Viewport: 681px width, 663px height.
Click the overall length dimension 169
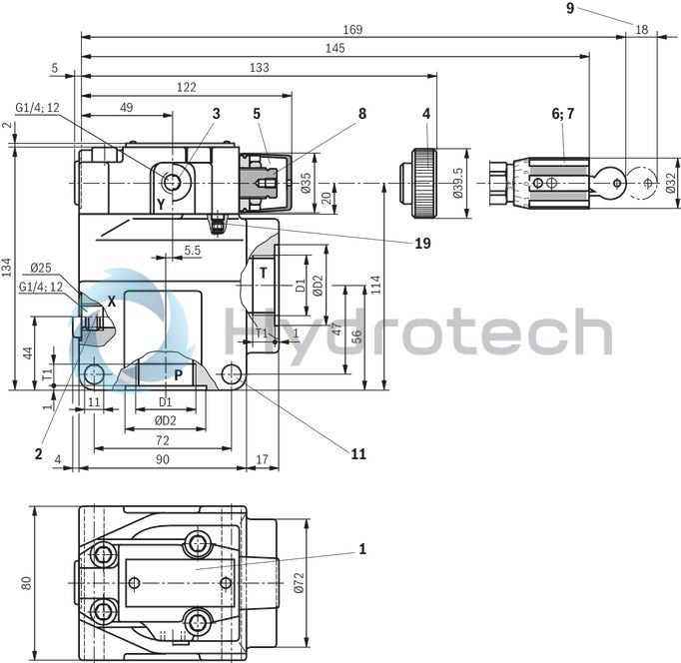coord(351,29)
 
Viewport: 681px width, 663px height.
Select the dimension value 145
coord(335,48)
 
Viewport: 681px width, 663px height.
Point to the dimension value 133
coord(260,67)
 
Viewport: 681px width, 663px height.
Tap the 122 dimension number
coord(187,87)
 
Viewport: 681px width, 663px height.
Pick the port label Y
coord(160,203)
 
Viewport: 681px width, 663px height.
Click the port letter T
coord(263,273)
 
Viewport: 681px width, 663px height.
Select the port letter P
coord(178,375)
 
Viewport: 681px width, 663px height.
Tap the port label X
coord(112,301)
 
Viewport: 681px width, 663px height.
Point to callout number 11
coord(358,453)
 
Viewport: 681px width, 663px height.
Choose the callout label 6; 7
coord(563,114)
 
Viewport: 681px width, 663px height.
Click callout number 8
coord(362,114)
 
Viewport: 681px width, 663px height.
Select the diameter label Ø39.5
coord(459,183)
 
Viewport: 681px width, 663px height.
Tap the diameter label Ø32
coord(670,184)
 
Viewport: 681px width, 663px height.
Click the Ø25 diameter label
coord(41,268)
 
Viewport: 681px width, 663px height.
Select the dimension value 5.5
coord(193,251)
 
